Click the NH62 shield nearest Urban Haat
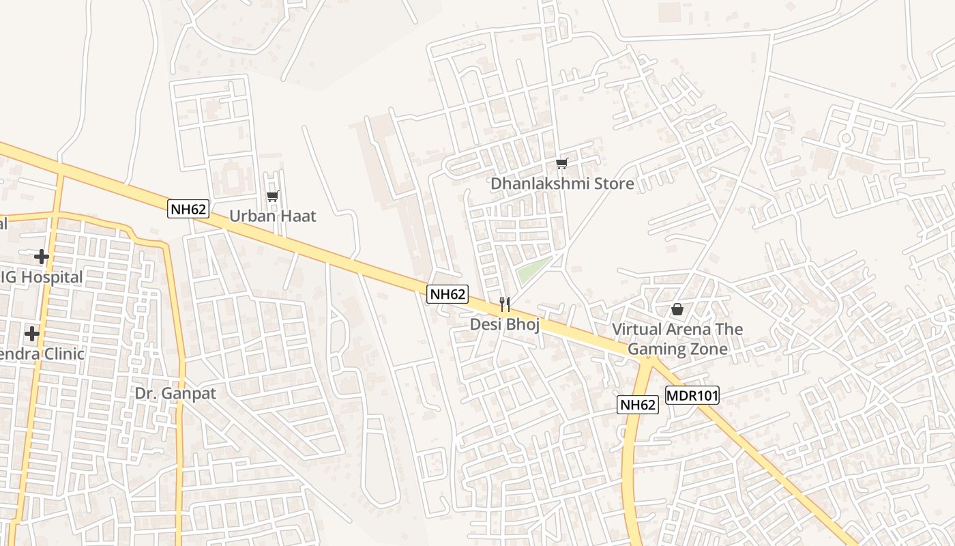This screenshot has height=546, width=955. [188, 209]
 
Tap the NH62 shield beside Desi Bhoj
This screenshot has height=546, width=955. [447, 294]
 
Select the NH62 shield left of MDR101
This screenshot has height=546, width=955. [638, 405]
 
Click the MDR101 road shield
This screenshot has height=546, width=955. [692, 396]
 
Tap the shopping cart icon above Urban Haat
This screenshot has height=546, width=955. [273, 197]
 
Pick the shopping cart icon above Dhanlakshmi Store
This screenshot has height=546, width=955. [561, 163]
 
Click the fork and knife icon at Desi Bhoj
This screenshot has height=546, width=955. [505, 304]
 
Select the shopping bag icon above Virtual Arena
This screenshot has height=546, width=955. [677, 309]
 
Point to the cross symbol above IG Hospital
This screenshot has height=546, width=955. [42, 257]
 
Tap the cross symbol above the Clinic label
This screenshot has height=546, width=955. [31, 334]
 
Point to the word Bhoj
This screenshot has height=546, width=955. [523, 325]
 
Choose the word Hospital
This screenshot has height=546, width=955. [50, 277]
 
